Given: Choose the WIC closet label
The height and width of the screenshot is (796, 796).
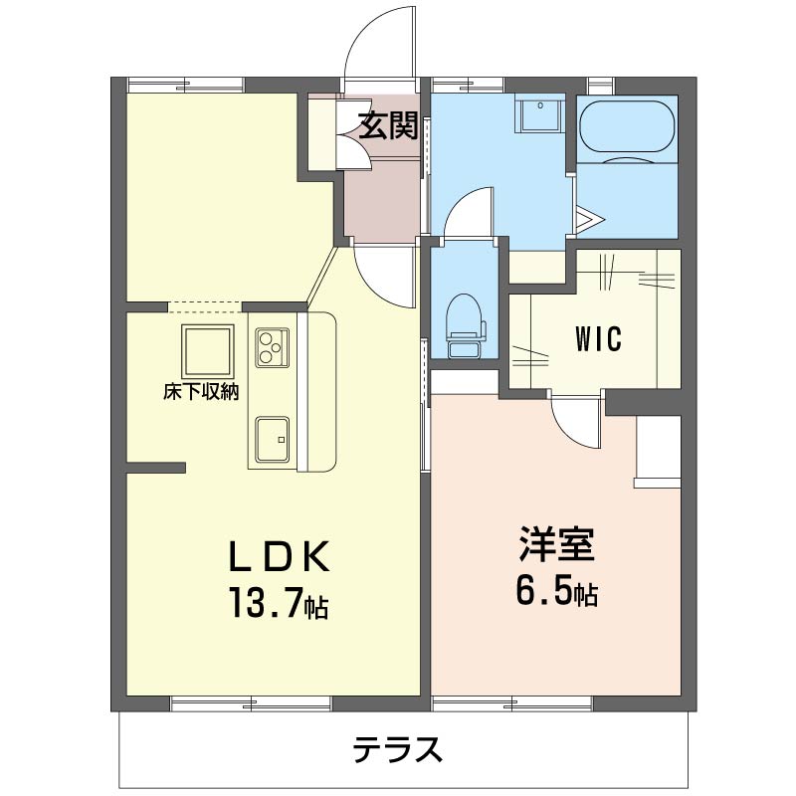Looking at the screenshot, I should (x=597, y=339).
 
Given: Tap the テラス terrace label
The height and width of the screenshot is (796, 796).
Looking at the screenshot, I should (x=397, y=748).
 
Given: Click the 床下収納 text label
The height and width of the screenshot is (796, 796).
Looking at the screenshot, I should (x=201, y=391).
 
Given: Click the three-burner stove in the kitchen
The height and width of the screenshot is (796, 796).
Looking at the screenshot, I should (x=271, y=347).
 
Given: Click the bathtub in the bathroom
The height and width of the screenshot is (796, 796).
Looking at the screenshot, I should (x=627, y=129).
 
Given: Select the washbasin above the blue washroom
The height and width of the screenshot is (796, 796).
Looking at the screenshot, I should (x=540, y=116).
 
